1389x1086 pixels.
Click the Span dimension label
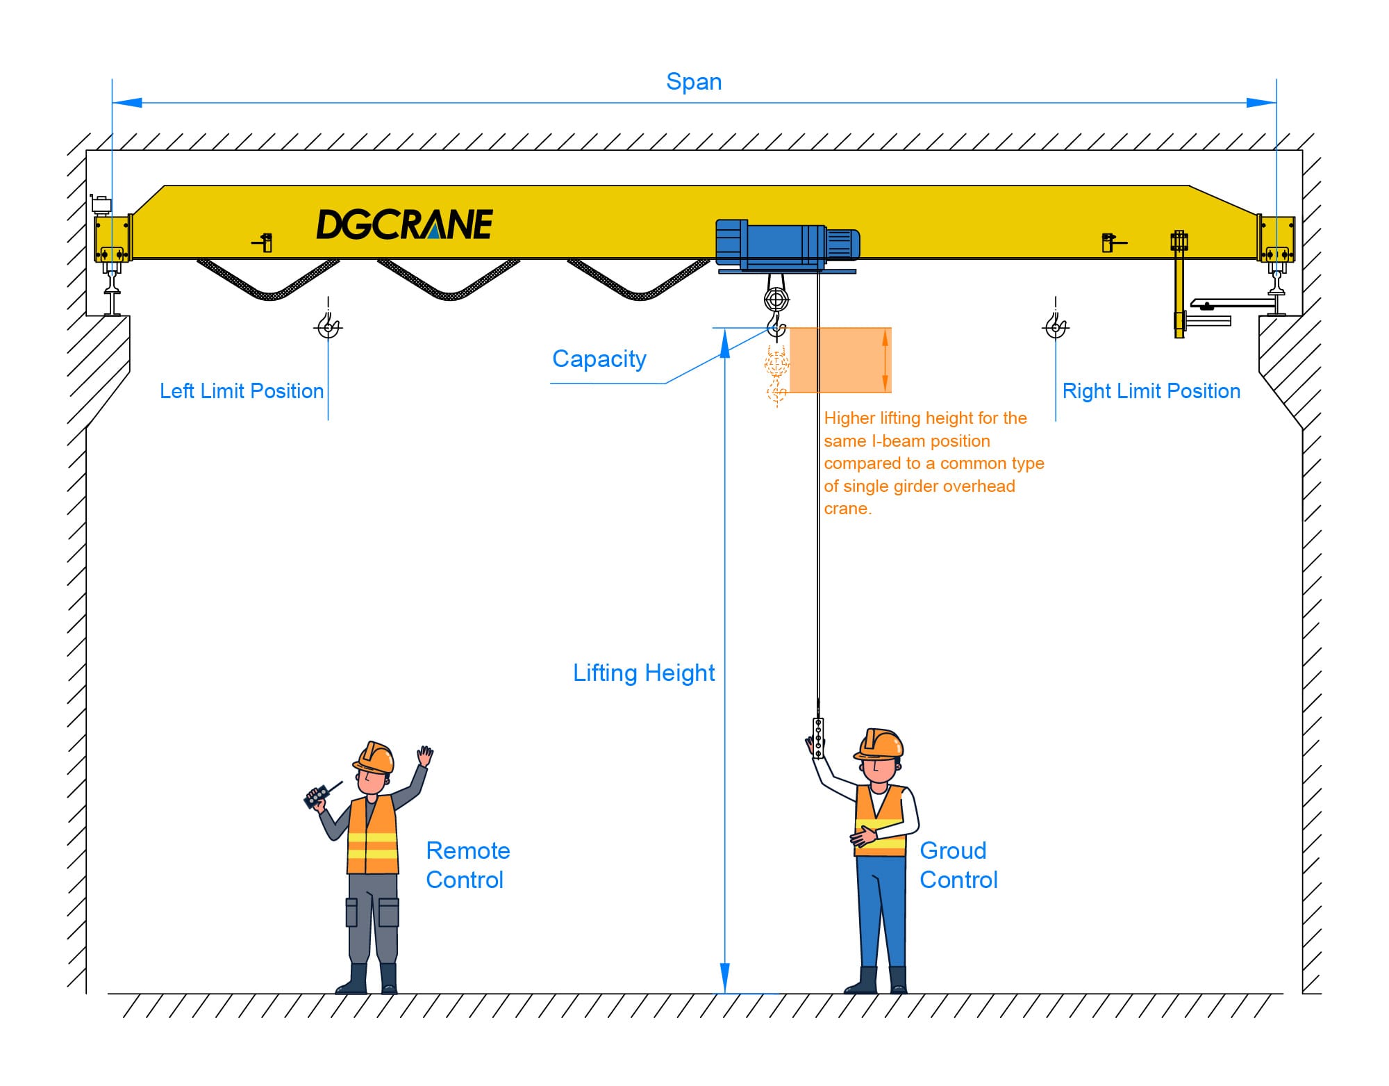(x=693, y=82)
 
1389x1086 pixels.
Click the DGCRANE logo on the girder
(x=404, y=224)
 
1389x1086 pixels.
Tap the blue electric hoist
(x=786, y=245)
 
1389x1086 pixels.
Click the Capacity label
(x=599, y=359)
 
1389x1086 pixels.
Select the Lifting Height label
(x=643, y=673)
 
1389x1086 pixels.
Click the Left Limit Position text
(x=241, y=391)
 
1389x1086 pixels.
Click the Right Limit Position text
(x=1151, y=391)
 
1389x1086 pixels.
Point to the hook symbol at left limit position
(x=328, y=325)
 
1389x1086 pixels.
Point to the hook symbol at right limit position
(x=1056, y=325)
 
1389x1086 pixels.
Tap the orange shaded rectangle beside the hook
(x=840, y=360)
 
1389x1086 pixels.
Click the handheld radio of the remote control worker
(x=317, y=796)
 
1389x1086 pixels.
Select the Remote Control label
(x=467, y=865)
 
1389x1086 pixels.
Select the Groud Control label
(x=958, y=865)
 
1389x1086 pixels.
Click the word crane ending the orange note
(x=847, y=509)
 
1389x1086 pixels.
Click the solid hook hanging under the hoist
(x=776, y=327)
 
